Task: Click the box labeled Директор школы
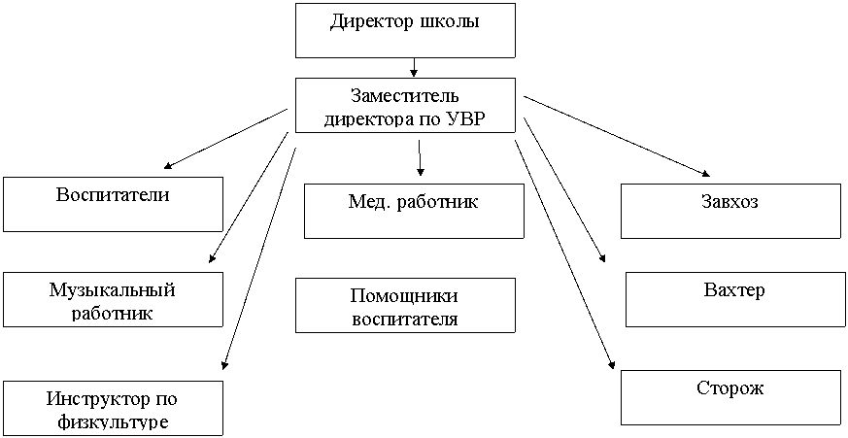pos(405,30)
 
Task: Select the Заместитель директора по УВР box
pos(405,105)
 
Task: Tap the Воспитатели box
pos(113,204)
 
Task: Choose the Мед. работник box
pos(414,211)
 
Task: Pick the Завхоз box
pos(730,211)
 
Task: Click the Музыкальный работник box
pos(113,299)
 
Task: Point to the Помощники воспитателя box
pos(405,305)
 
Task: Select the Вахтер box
pos(736,299)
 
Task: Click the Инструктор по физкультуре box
pos(113,408)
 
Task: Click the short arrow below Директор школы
pos(414,67)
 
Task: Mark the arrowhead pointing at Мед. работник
pos(421,172)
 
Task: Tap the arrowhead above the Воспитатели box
pos(168,166)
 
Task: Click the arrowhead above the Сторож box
pos(612,364)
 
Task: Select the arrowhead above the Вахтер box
pos(601,258)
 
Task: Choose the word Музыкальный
pos(113,290)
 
